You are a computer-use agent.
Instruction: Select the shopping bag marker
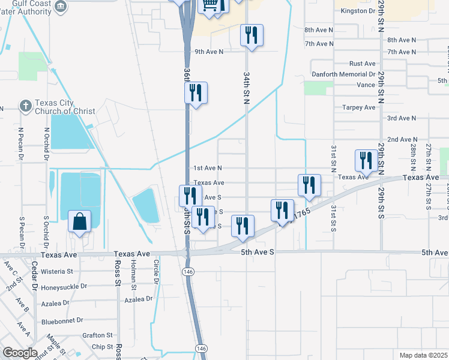click(x=80, y=222)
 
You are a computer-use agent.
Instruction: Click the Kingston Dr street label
click(x=358, y=11)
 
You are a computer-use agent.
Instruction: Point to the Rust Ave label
click(x=363, y=64)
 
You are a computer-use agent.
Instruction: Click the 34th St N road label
click(x=246, y=89)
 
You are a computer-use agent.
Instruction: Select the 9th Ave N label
click(x=209, y=52)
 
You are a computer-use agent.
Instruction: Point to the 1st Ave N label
click(x=207, y=168)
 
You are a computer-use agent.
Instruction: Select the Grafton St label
click(x=98, y=335)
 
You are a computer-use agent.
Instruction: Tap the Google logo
click(x=20, y=353)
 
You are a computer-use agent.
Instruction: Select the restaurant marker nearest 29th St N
click(x=364, y=161)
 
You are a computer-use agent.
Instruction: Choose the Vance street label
click(x=366, y=85)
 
